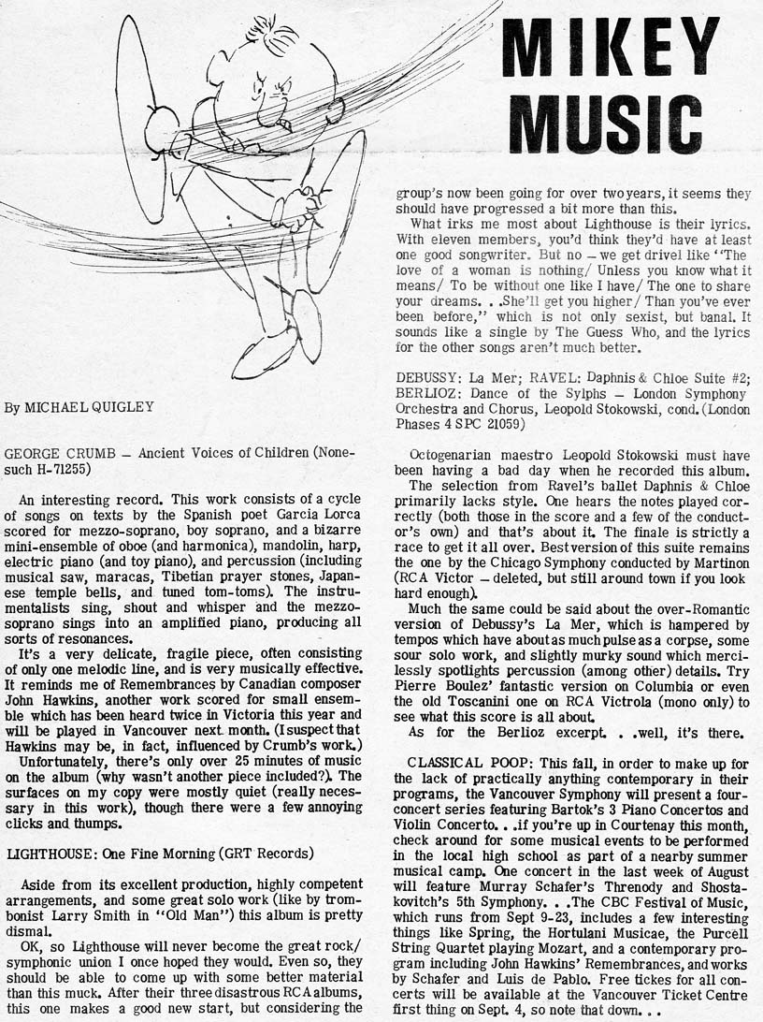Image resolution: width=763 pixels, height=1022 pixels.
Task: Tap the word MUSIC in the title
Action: coord(606,123)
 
